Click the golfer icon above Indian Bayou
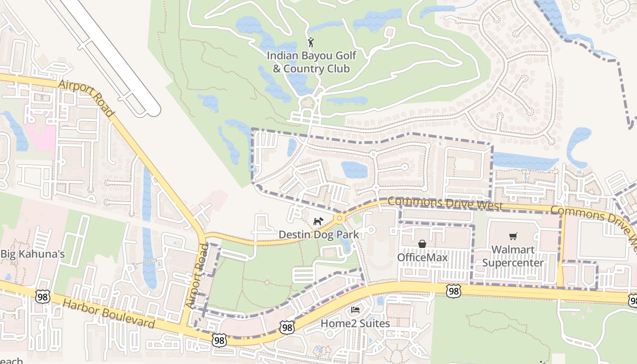coord(311,42)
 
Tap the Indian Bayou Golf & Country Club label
coord(311,62)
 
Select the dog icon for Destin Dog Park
coord(318,222)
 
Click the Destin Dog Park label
coord(318,235)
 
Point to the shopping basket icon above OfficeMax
coord(422,244)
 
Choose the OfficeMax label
coord(422,258)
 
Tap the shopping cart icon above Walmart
coord(513,236)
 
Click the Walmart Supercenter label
coord(513,256)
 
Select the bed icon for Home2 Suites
coord(355,310)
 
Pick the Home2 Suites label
coord(355,324)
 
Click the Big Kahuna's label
coord(32,254)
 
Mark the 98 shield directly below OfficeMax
coord(453,291)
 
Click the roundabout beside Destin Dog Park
coord(339,218)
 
